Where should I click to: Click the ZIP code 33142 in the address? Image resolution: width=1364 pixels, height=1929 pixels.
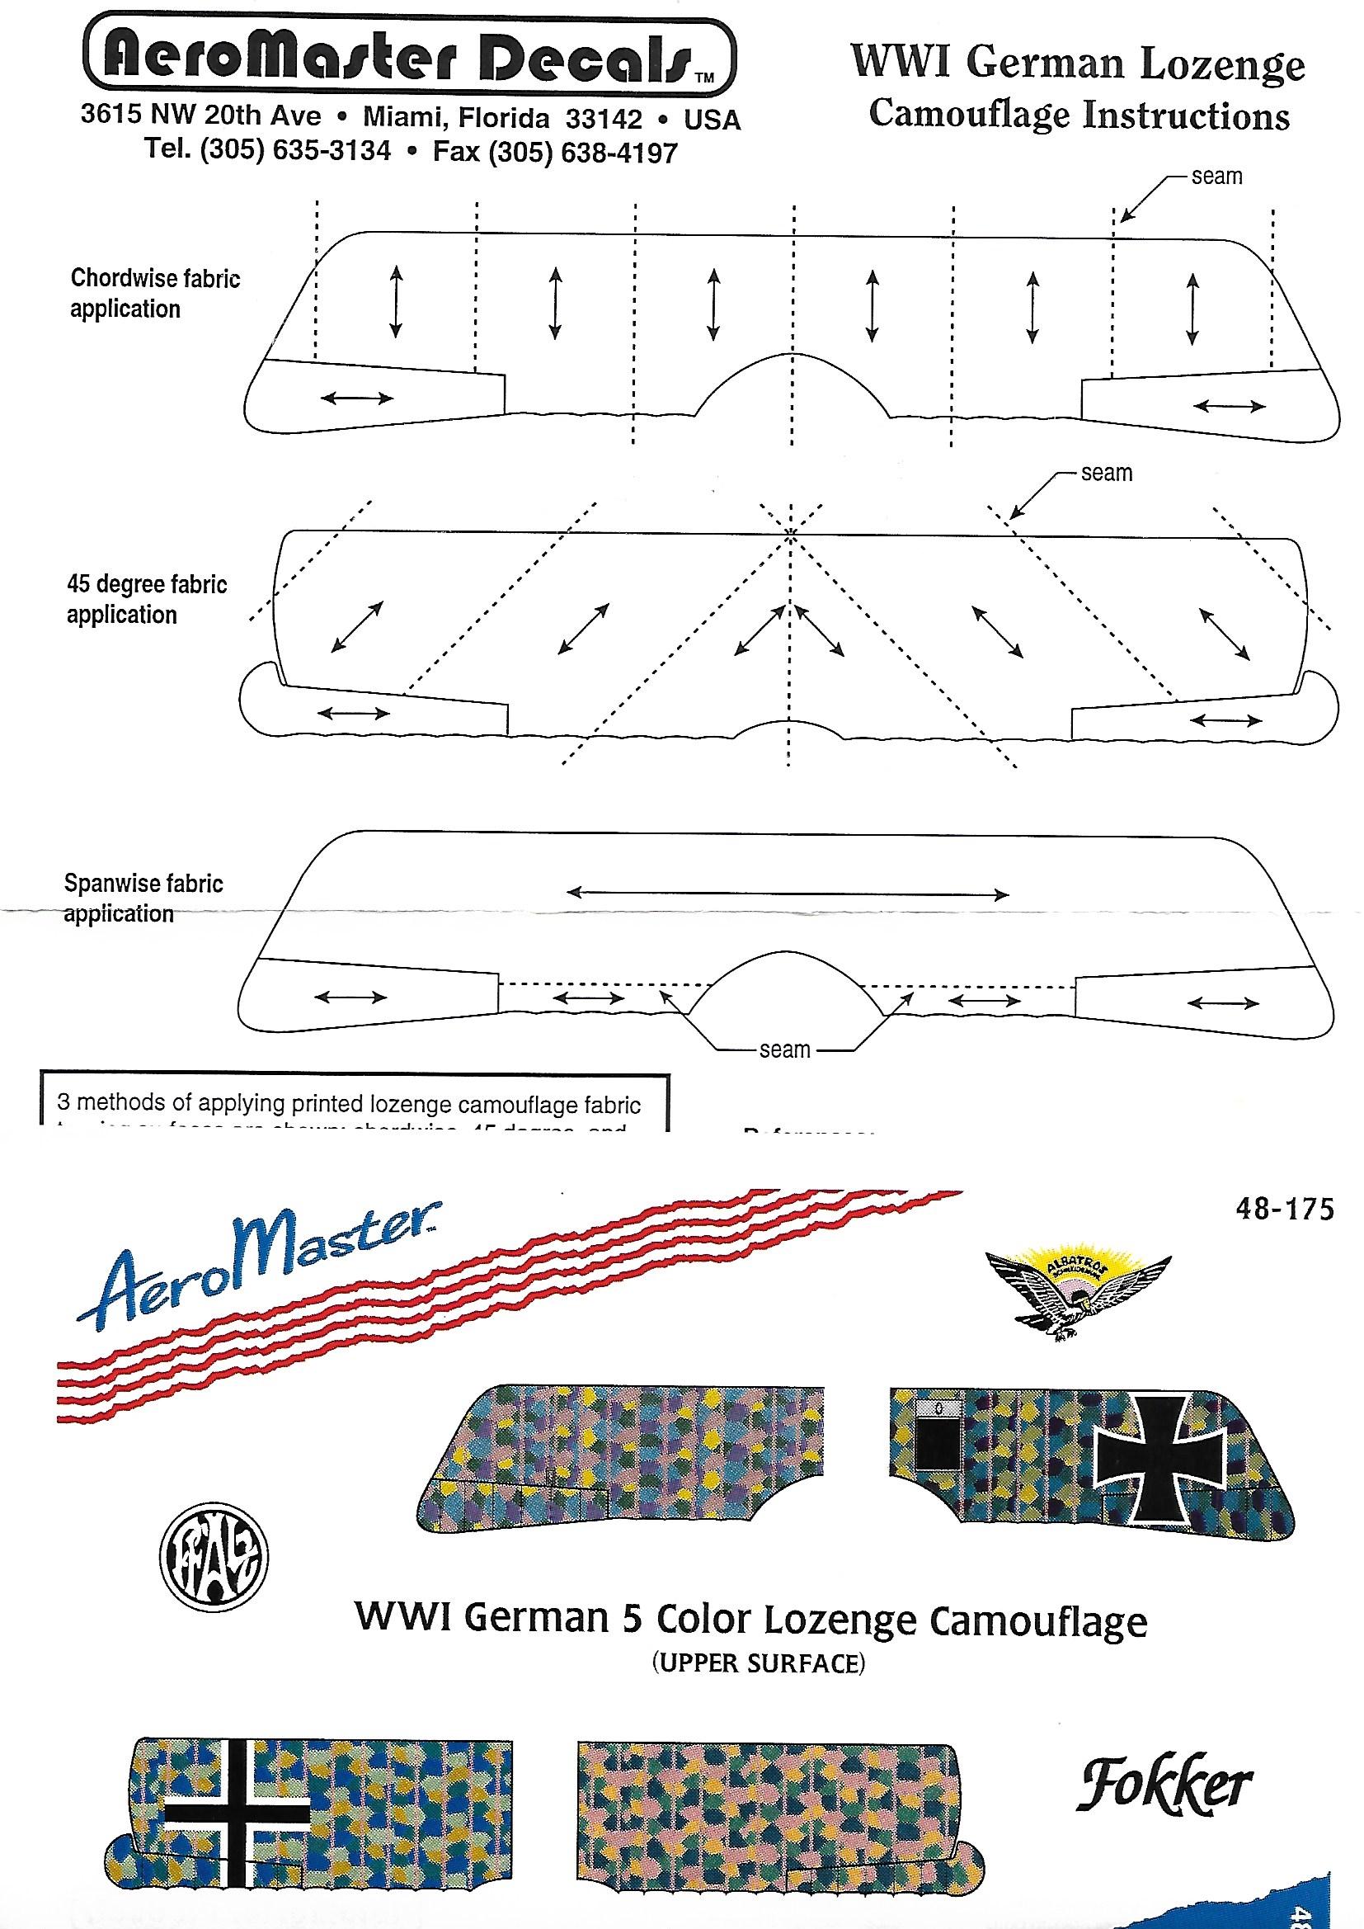click(x=603, y=119)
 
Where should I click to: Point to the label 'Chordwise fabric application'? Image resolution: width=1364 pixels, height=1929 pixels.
click(x=154, y=293)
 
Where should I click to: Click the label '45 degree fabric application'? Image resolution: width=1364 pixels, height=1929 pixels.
click(x=146, y=599)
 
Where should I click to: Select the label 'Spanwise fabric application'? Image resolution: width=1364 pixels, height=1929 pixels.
click(x=143, y=898)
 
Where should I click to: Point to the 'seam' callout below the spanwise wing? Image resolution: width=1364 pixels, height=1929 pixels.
click(x=784, y=1049)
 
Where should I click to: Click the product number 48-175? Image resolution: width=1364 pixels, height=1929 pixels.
click(x=1283, y=1210)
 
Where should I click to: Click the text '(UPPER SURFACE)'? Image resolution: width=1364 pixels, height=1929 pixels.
click(x=759, y=1663)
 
